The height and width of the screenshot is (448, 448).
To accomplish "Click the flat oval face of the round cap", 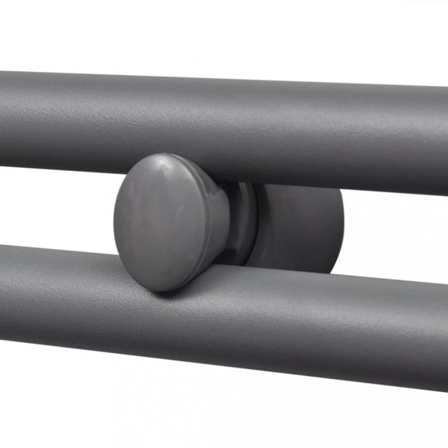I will pyautogui.click(x=161, y=222).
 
